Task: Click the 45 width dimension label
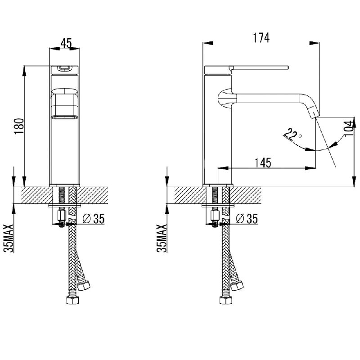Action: coord(66,43)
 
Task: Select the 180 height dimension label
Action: coord(19,126)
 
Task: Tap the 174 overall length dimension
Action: coord(261,38)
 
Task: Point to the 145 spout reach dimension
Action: coord(263,163)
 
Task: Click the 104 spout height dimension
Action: coord(349,128)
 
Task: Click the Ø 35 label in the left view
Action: coord(94,219)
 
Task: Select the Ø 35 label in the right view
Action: coord(247,219)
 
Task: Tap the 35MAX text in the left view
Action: coord(9,238)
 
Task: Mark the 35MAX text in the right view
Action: coord(162,238)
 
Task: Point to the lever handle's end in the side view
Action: coord(288,67)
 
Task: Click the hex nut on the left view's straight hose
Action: coord(72,300)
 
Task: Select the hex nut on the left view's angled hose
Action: coord(84,286)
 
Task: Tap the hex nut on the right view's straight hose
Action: coord(226,300)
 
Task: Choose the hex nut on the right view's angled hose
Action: coord(237,286)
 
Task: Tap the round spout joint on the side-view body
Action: coord(227,98)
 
